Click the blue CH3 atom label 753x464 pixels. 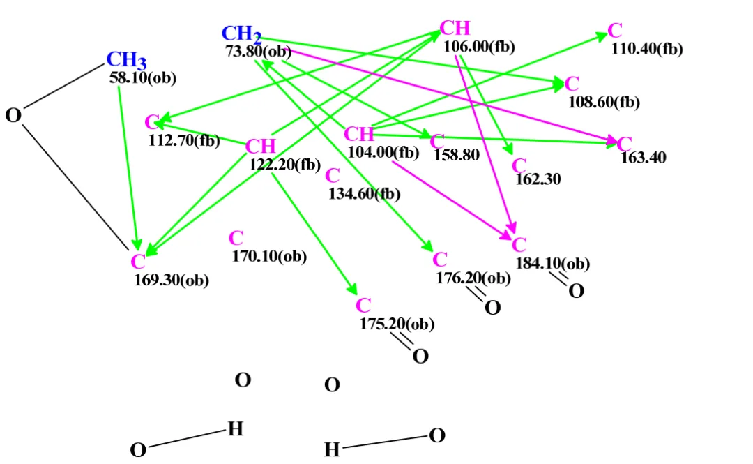[x=126, y=60]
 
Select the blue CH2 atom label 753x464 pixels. [x=241, y=34]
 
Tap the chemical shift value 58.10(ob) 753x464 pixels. [x=143, y=78]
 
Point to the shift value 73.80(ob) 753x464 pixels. [x=259, y=52]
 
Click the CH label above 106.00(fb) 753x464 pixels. [x=455, y=28]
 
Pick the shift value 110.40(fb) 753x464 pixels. [x=647, y=49]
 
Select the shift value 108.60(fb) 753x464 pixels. [x=604, y=102]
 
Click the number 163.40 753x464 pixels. [x=643, y=157]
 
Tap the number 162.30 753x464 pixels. [x=538, y=179]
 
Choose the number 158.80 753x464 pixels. [x=456, y=155]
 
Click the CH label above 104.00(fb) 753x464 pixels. [x=359, y=134]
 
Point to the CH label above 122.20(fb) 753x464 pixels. [x=260, y=146]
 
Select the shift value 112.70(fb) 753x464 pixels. [x=184, y=140]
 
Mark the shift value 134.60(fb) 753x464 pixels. [x=365, y=194]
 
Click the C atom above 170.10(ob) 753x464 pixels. [x=236, y=238]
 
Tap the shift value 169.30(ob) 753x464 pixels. [x=172, y=280]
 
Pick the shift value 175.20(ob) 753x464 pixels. [x=397, y=324]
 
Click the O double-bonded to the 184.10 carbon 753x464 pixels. [x=577, y=291]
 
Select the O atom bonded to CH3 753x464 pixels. [x=13, y=115]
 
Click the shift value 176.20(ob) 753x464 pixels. [x=473, y=278]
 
